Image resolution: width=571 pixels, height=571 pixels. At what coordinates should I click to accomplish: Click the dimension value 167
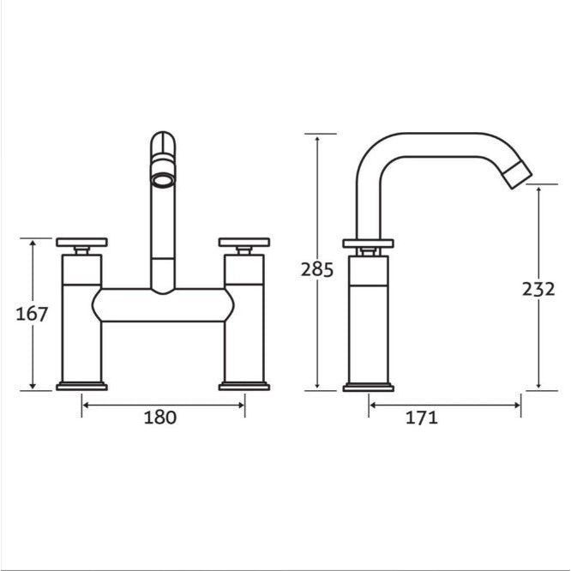coord(32,314)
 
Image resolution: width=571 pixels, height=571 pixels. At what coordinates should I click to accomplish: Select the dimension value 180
coord(159,418)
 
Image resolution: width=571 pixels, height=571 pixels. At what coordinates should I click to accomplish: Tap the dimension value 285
coord(316,269)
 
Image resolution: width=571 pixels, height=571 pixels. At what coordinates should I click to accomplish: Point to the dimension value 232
coord(538,289)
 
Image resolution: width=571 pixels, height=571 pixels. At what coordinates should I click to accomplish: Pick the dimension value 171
coord(421,418)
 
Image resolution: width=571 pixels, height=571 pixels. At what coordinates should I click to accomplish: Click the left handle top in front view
coord(81,242)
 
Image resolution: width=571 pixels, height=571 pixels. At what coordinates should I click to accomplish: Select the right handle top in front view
coord(244,242)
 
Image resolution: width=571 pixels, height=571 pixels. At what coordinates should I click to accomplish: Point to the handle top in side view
coord(368,243)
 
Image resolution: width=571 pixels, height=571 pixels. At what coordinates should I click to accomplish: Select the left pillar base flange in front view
coord(81,386)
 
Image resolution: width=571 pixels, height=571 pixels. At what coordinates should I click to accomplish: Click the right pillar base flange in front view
coord(244,386)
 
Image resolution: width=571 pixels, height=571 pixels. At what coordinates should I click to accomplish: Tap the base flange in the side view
coord(368,387)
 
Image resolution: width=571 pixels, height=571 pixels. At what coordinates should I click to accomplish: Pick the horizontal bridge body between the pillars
coord(163,305)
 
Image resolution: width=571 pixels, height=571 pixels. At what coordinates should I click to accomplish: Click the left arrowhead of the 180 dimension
coord(85,405)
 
